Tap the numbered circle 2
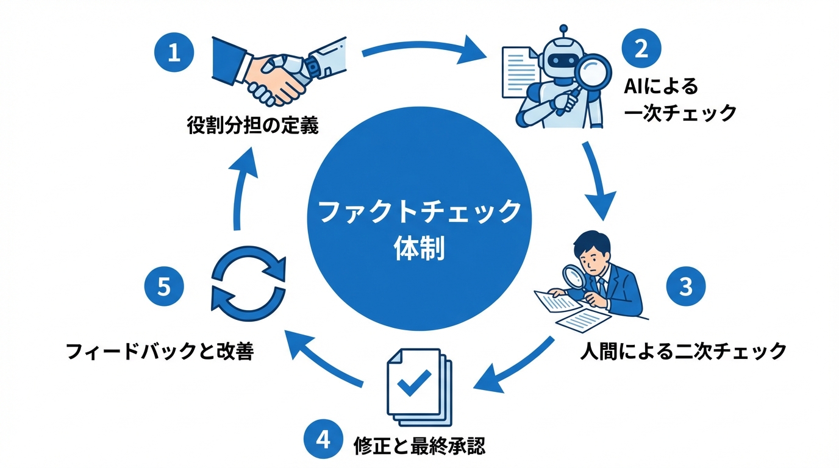click(640, 49)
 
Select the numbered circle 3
click(686, 286)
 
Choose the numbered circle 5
click(163, 286)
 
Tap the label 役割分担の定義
click(252, 126)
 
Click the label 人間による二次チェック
click(682, 351)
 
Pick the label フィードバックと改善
click(159, 352)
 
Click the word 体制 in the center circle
click(419, 250)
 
